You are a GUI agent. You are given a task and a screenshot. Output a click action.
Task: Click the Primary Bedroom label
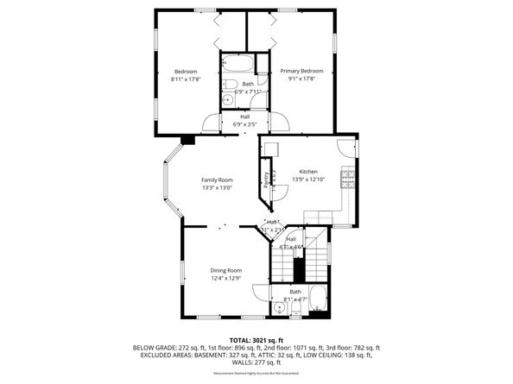pyautogui.click(x=301, y=71)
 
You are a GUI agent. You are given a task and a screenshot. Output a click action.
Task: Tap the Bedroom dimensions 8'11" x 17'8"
pyautogui.click(x=187, y=79)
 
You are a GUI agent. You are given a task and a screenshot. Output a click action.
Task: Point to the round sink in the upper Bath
pyautogui.click(x=227, y=99)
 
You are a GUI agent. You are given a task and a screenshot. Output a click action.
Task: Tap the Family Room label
pyautogui.click(x=218, y=179)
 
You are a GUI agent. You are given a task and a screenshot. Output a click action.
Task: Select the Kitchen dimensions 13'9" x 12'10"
pyautogui.click(x=308, y=179)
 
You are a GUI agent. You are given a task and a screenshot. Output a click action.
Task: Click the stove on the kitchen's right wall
pyautogui.click(x=348, y=179)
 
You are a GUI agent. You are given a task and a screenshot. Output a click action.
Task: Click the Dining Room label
pyautogui.click(x=225, y=270)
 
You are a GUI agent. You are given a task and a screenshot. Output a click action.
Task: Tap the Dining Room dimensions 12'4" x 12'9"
pyautogui.click(x=225, y=278)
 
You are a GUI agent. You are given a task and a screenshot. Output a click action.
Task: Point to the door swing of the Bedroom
pyautogui.click(x=212, y=123)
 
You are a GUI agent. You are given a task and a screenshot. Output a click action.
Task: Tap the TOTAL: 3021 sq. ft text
pyautogui.click(x=256, y=339)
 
